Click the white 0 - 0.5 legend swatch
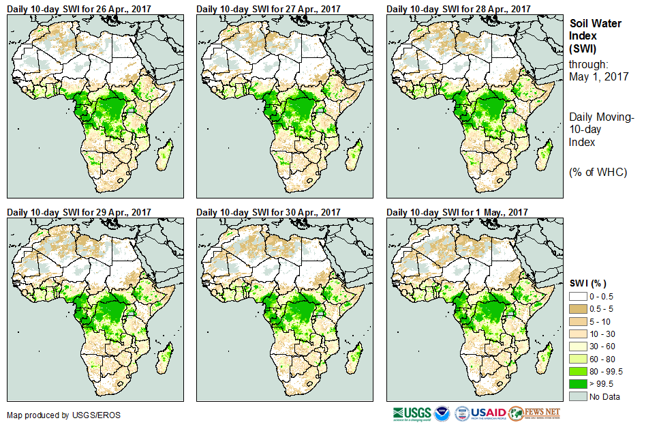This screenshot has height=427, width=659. click(578, 297)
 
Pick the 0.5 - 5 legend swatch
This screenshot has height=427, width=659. click(578, 309)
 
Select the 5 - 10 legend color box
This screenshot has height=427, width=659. click(578, 321)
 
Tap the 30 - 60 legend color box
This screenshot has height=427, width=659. click(578, 346)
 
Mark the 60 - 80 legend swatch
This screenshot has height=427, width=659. click(578, 358)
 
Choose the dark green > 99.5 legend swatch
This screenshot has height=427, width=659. click(578, 383)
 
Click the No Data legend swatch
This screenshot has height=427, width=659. click(578, 396)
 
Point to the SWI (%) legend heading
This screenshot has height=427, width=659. click(588, 283)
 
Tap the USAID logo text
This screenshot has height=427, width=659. click(489, 413)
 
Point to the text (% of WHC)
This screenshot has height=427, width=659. click(598, 172)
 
